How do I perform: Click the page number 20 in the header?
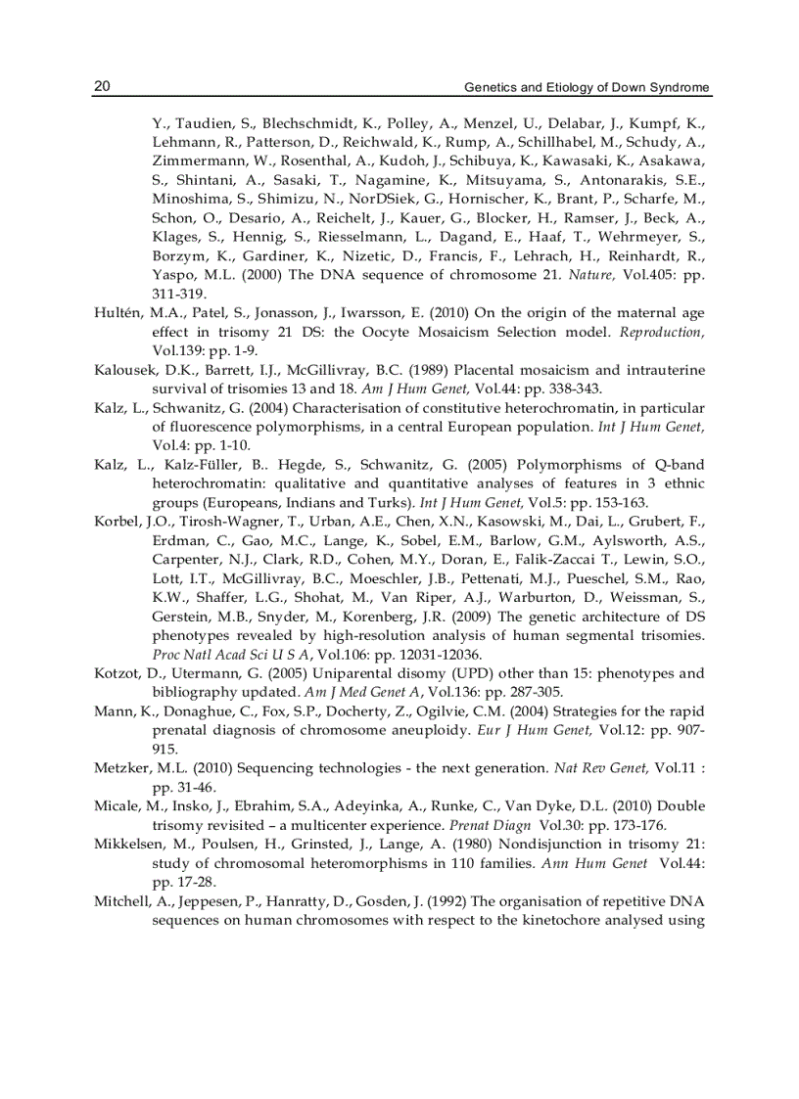click(102, 86)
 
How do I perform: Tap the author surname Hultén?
click(118, 313)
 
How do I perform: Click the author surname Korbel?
click(117, 522)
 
